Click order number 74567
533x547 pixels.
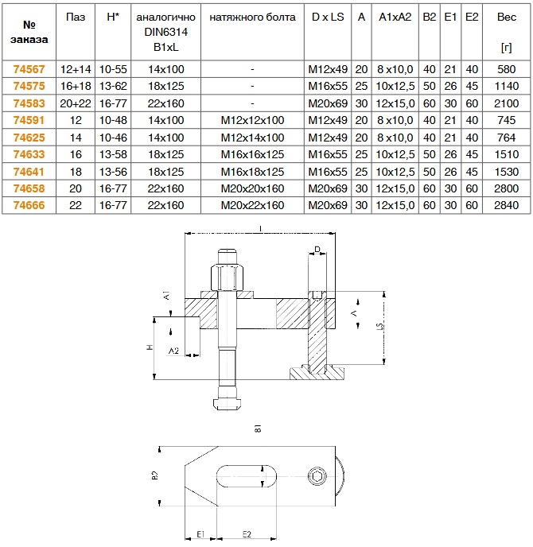click(x=29, y=69)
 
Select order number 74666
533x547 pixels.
click(x=29, y=205)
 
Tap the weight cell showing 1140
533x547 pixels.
click(x=507, y=86)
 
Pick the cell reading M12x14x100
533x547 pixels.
click(x=252, y=138)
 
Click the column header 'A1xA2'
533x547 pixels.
click(x=395, y=17)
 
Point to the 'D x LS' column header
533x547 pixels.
click(x=328, y=17)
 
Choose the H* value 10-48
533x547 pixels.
click(x=113, y=120)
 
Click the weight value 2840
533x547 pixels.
click(x=507, y=205)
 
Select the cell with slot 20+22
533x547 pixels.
click(x=76, y=103)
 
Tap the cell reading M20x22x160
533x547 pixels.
click(x=252, y=205)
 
